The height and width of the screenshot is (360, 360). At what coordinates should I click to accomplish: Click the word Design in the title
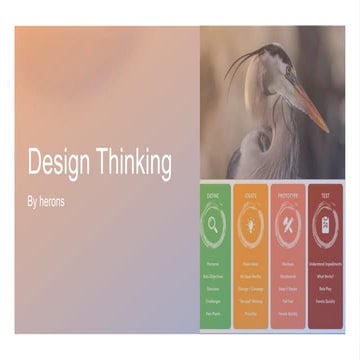(x=56, y=163)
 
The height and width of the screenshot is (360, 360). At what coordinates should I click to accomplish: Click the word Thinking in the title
(x=129, y=163)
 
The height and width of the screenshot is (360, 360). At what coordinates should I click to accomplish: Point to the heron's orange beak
(x=311, y=105)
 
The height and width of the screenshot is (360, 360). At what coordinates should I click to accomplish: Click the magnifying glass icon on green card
(x=214, y=224)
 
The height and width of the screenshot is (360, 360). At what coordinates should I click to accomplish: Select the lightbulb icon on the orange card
(x=250, y=224)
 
